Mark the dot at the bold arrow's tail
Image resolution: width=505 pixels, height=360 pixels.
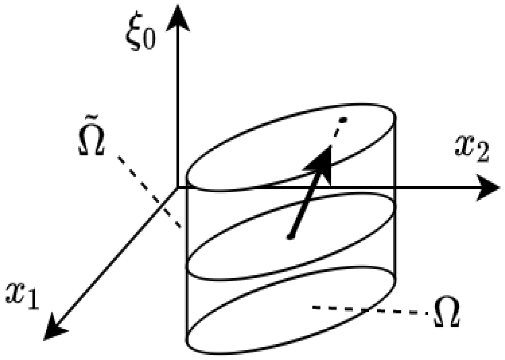click(290, 238)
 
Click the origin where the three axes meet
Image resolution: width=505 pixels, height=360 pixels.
click(177, 188)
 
